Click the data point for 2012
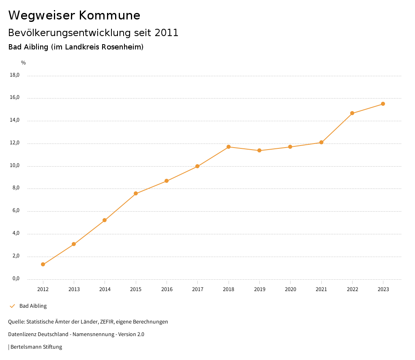point(43,264)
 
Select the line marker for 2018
point(229,147)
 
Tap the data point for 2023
point(383,104)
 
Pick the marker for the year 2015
point(136,193)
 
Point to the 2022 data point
point(352,113)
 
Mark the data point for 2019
point(259,150)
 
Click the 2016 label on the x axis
point(167,289)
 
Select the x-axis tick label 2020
point(290,289)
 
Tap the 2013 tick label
point(74,289)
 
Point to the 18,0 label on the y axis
point(15,75)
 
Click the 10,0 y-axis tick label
point(15,166)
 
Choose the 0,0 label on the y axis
point(16,279)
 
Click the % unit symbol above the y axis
point(24,63)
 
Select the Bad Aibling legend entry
point(33,306)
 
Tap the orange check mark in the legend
point(12,306)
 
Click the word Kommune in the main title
point(110,15)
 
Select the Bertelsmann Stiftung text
point(36,347)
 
